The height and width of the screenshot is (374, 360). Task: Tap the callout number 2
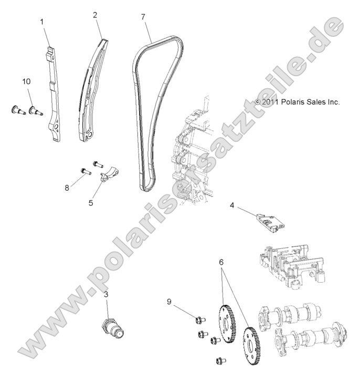pyautogui.click(x=95, y=15)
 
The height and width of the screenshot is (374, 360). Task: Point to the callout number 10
pyautogui.click(x=26, y=81)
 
